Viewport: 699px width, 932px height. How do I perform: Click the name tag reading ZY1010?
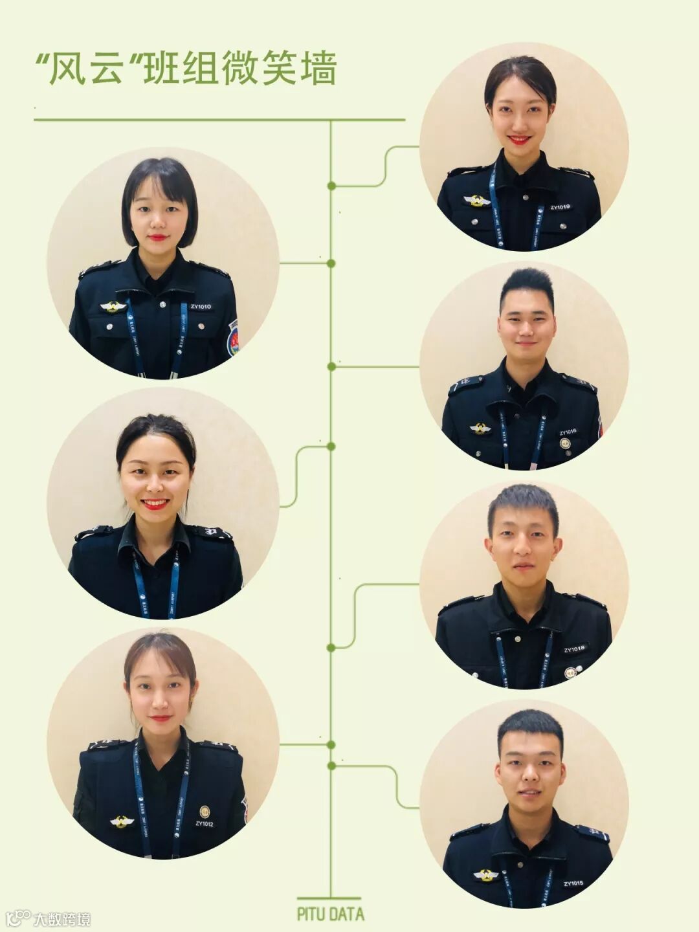coord(201,306)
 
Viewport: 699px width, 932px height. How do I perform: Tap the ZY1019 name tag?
coord(560,207)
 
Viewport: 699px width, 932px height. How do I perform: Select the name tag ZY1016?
coord(568,432)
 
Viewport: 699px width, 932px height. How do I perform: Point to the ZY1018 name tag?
coord(573,649)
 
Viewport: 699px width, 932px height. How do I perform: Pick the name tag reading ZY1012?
coord(204,824)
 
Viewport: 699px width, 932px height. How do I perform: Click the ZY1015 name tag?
coord(573,883)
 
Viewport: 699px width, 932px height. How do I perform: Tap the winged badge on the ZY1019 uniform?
coord(477,201)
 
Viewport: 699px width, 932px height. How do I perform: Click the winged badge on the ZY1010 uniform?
coord(113,306)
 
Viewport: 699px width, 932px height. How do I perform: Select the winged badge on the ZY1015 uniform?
coord(485,875)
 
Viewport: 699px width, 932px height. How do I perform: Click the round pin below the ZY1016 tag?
coord(565,444)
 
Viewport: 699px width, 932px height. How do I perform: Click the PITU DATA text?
coord(330,914)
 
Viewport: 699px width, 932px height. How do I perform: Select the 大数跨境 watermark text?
coord(61,918)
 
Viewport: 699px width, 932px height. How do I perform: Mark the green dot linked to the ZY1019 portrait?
coord(331,186)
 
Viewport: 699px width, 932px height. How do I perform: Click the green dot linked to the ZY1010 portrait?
coord(331,263)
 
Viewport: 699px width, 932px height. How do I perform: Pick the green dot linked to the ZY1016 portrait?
coord(331,367)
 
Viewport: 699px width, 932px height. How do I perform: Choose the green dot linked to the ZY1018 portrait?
coord(331,647)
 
